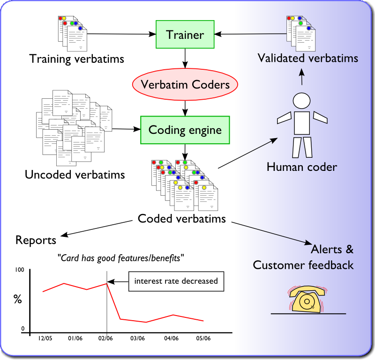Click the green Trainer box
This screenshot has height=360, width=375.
(185, 34)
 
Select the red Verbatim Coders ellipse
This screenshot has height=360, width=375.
(186, 85)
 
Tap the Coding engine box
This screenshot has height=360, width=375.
(185, 130)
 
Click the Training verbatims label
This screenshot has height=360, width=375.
(76, 59)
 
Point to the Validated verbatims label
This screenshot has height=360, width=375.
(308, 59)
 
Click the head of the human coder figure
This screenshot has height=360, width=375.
(301, 101)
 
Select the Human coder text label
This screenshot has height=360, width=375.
(301, 167)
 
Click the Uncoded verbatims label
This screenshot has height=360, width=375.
(75, 175)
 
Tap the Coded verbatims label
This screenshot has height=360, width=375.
(181, 219)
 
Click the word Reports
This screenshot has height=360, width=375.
(36, 240)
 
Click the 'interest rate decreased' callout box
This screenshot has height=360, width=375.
(176, 281)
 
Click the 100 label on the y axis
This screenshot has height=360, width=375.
(19, 270)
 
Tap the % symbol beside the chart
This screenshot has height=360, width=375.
(18, 299)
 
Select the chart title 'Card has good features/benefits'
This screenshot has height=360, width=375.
(120, 257)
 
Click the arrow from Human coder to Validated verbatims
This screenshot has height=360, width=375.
(302, 77)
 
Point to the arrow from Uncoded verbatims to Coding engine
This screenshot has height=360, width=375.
(127, 129)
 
